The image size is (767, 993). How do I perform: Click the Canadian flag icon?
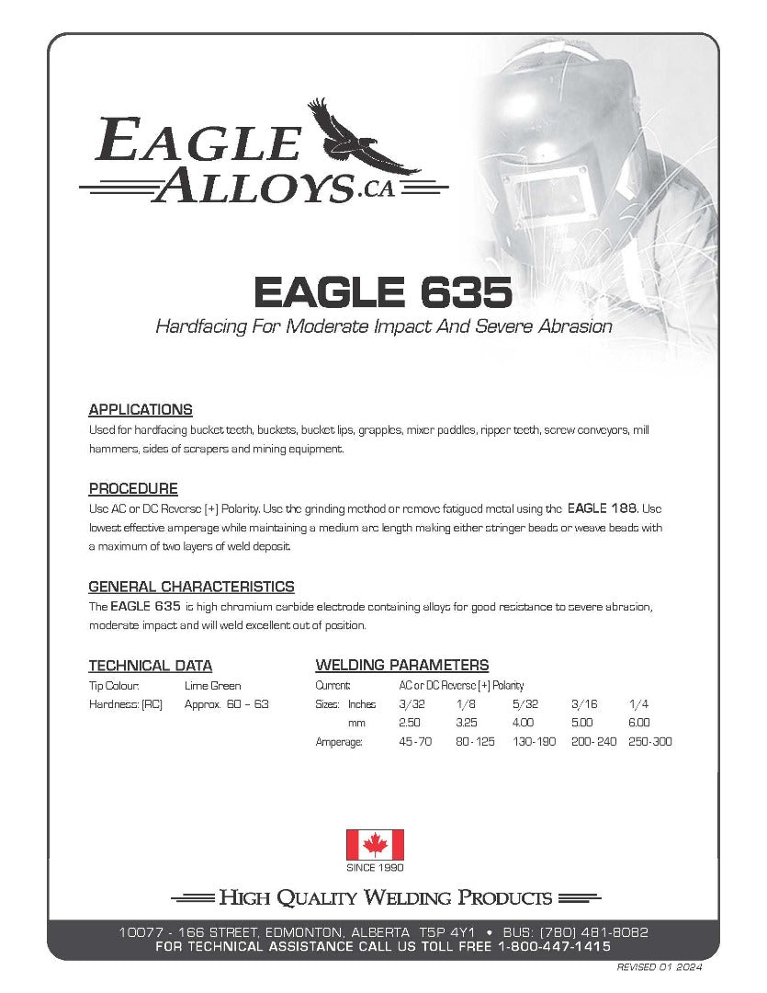click(375, 844)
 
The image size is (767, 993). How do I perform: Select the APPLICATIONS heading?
click(140, 409)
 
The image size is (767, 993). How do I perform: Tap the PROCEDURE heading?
click(133, 488)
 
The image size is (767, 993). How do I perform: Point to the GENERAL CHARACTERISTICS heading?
click(191, 586)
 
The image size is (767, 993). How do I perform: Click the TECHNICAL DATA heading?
click(150, 666)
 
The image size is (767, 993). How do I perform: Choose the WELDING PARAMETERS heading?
click(401, 665)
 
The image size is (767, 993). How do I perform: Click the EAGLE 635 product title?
click(382, 293)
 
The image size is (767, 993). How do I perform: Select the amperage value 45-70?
click(415, 741)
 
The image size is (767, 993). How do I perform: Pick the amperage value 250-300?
click(649, 741)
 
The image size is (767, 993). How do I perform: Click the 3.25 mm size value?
click(468, 723)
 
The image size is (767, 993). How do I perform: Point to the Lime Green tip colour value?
click(212, 685)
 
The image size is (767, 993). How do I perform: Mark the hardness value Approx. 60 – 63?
click(227, 704)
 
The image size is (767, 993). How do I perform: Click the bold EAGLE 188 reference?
click(602, 508)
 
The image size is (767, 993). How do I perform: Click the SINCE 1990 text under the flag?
click(375, 867)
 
